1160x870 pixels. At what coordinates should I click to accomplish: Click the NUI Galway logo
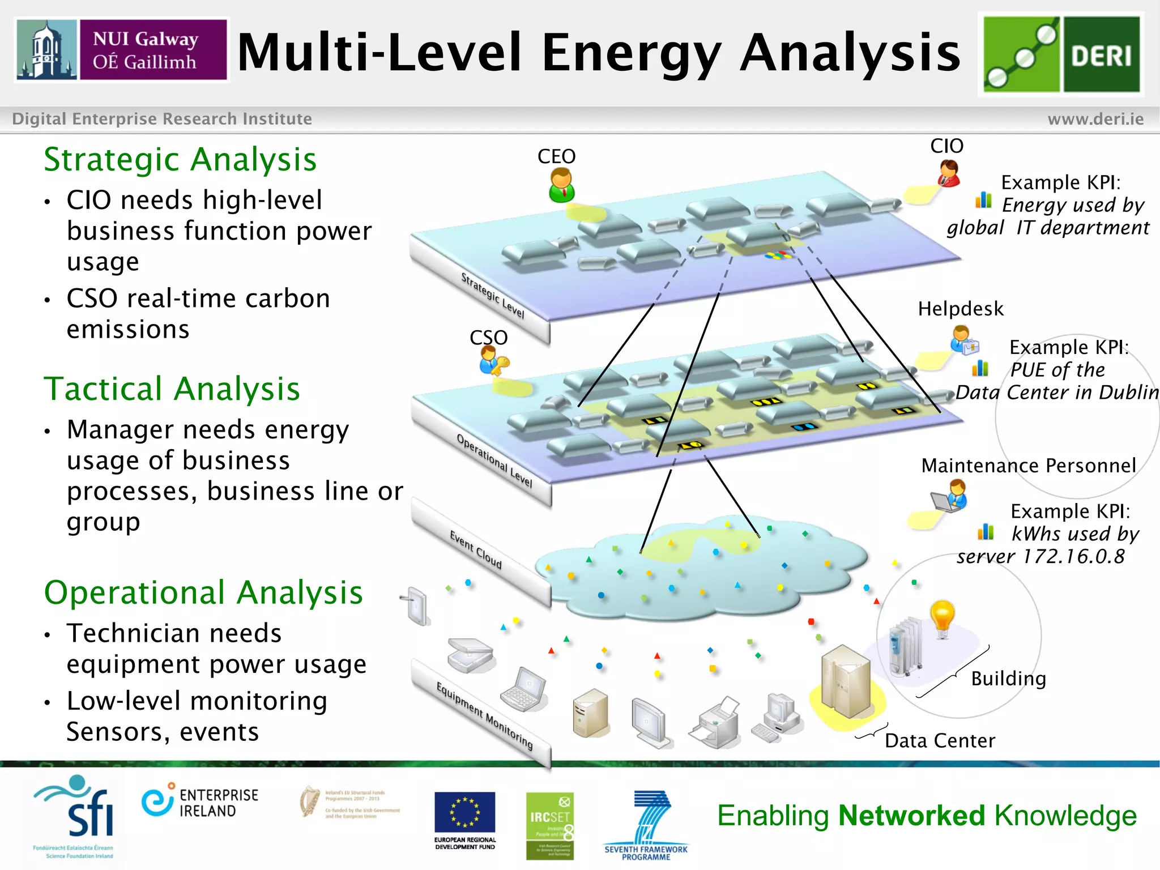click(x=122, y=50)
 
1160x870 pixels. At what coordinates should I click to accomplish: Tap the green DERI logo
click(x=1061, y=54)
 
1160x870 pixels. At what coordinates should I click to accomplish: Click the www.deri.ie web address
click(x=1095, y=119)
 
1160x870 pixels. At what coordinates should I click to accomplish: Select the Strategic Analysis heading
click(x=180, y=160)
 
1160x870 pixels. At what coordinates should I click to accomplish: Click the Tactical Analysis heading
click(x=172, y=389)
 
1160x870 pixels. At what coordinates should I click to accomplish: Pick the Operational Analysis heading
click(x=203, y=593)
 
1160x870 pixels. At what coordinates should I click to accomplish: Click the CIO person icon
click(x=949, y=173)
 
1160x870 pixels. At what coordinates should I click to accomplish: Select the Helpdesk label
click(x=960, y=309)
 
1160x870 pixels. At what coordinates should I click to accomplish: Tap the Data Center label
click(x=940, y=741)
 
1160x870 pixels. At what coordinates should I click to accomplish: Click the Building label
click(x=1008, y=679)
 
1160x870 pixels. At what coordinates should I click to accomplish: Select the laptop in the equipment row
click(x=524, y=689)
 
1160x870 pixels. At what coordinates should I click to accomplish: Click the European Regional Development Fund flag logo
click(x=464, y=813)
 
